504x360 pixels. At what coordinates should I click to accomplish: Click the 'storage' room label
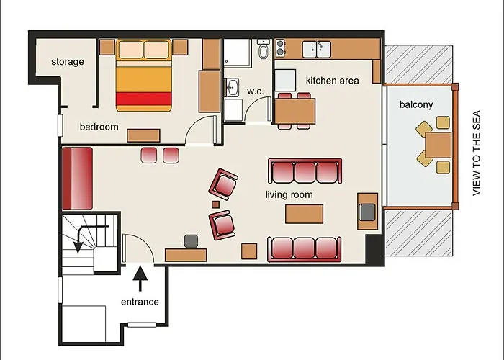[68, 61]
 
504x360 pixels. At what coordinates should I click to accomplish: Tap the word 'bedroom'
[99, 127]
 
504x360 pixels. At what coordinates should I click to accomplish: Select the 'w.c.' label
[255, 91]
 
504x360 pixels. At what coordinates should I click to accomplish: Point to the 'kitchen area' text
[333, 81]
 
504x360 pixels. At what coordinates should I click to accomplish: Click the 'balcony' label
[416, 104]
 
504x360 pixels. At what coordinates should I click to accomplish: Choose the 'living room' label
[289, 194]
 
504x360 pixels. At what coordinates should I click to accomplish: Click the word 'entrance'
[140, 302]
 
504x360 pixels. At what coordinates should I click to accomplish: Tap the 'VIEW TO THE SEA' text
[477, 153]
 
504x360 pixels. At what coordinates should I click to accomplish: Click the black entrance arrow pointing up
[140, 279]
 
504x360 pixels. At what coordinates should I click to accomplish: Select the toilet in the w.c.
[264, 49]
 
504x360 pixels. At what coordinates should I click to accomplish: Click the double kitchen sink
[316, 49]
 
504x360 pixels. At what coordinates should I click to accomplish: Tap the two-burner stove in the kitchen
[280, 48]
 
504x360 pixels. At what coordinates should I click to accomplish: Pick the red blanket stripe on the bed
[144, 99]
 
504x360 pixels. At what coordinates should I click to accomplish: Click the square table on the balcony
[438, 145]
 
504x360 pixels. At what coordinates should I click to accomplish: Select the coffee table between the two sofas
[304, 214]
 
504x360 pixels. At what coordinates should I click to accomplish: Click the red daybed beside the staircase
[78, 179]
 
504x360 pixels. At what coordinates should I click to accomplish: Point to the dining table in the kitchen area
[294, 111]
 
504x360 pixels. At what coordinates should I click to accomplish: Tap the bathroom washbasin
[231, 87]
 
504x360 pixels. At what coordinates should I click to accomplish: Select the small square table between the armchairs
[215, 204]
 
